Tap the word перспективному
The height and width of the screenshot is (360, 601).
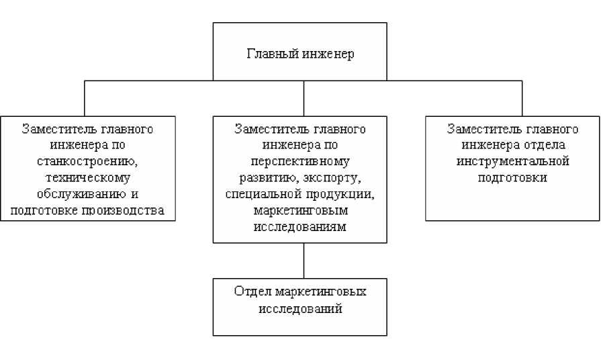[x=299, y=162]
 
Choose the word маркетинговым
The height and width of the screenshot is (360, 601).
[x=299, y=211]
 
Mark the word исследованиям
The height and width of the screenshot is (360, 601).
[x=299, y=227]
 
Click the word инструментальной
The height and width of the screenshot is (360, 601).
[x=512, y=162]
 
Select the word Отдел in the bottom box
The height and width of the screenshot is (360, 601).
[x=252, y=293]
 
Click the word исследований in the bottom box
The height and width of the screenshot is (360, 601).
[x=299, y=309]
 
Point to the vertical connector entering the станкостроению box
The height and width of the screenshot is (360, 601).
[x=84, y=99]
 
